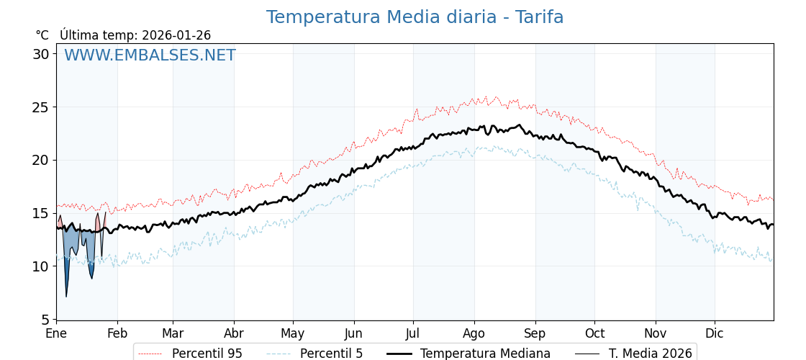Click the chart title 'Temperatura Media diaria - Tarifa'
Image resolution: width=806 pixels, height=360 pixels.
coord(415,17)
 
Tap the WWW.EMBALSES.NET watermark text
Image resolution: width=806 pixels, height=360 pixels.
coord(150,55)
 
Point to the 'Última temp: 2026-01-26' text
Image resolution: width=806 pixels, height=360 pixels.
coord(135,35)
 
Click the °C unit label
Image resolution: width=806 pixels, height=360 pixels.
coord(42,35)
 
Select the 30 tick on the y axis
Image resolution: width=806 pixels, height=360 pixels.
coord(41,54)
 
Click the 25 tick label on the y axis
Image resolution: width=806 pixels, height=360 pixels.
coord(41,107)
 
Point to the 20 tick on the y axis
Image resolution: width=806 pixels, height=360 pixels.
coord(41,160)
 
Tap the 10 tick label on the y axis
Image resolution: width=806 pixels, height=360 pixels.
coord(41,266)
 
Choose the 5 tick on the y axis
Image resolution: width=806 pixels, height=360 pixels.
coord(45,319)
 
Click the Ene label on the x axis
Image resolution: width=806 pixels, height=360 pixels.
coord(56,333)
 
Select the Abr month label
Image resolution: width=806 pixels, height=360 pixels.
coord(234,333)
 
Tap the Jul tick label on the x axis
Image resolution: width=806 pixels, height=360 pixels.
coord(413,333)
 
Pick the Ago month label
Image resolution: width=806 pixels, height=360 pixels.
coord(474,333)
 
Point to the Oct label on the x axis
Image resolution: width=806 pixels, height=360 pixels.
coord(594,333)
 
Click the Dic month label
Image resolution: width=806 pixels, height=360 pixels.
coord(715,333)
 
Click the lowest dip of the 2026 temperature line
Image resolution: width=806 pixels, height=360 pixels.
coord(66,296)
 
